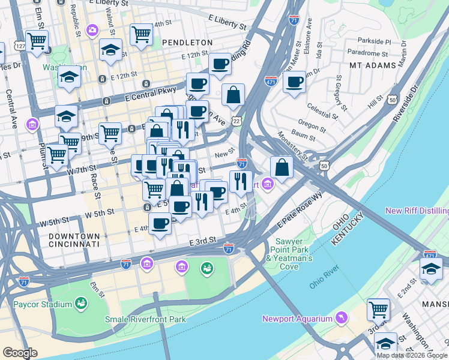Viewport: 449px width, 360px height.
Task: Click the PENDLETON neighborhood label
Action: pos(187,43)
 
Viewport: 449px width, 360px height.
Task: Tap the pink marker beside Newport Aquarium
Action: pos(342,317)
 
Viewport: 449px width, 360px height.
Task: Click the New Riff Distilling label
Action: pos(417,211)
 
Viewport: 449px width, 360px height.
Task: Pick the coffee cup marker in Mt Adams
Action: pos(294,82)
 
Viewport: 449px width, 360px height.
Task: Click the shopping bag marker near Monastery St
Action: pos(282,167)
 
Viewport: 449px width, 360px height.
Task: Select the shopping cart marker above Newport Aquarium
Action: pos(378,310)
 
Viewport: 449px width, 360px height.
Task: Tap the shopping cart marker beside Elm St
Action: pos(37,41)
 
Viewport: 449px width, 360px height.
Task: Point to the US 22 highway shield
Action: pos(237,121)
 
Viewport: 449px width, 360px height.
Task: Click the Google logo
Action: pos(20,353)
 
